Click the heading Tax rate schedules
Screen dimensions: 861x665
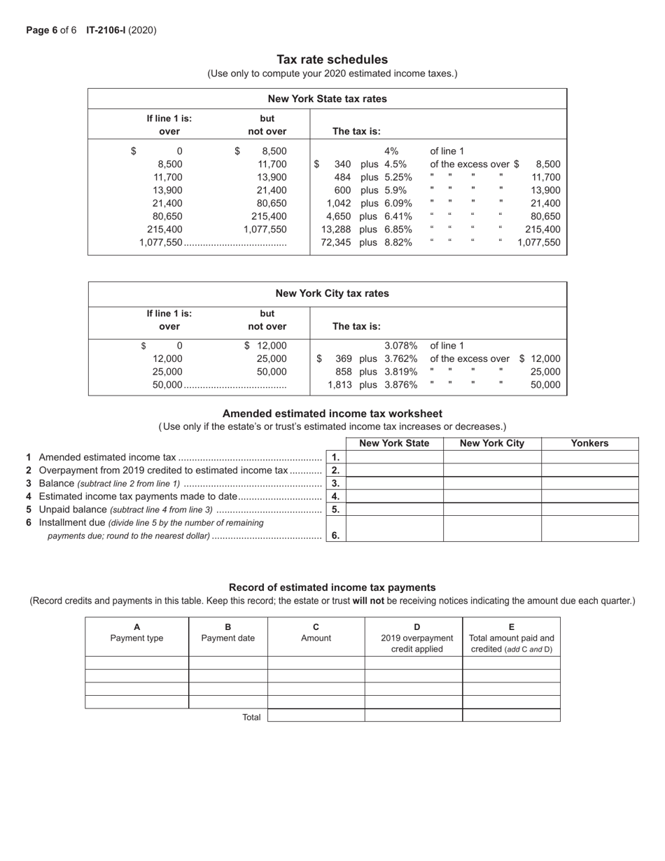pyautogui.click(x=332, y=59)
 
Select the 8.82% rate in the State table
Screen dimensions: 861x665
pyautogui.click(x=398, y=243)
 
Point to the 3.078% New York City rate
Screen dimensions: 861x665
pyautogui.click(x=401, y=346)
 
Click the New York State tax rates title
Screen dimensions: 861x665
pyautogui.click(x=327, y=99)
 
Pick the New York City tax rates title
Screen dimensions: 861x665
pyautogui.click(x=332, y=293)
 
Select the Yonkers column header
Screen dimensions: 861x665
pyautogui.click(x=589, y=443)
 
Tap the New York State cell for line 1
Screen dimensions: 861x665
pyautogui.click(x=395, y=457)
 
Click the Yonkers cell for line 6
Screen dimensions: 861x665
pyautogui.click(x=589, y=528)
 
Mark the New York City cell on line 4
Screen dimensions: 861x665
pyautogui.click(x=492, y=496)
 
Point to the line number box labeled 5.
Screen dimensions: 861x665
pyautogui.click(x=336, y=510)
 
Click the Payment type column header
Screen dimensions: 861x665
pyautogui.click(x=136, y=633)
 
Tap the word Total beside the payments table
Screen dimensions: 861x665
pyautogui.click(x=251, y=717)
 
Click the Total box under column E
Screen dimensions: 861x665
pyautogui.click(x=511, y=715)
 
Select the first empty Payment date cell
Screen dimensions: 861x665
pyautogui.click(x=227, y=663)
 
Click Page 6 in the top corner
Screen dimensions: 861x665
pyautogui.click(x=41, y=30)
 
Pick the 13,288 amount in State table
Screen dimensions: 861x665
pyautogui.click(x=336, y=230)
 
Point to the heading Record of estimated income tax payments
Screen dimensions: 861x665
pyautogui.click(x=332, y=587)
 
